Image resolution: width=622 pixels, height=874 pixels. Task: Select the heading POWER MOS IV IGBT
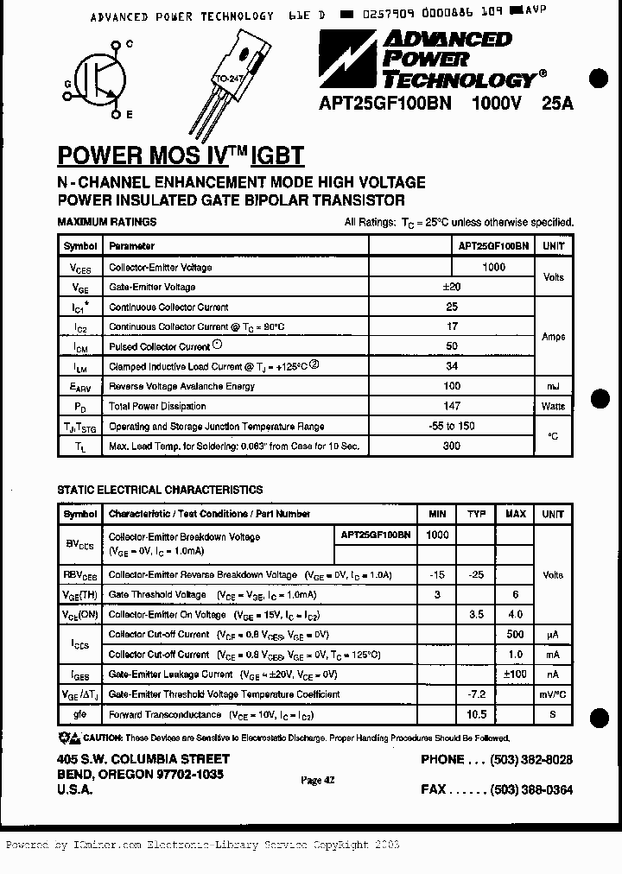pos(181,155)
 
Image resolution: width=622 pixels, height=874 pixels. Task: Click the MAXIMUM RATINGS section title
pos(106,222)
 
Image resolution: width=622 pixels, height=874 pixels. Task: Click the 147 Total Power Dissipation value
pos(451,406)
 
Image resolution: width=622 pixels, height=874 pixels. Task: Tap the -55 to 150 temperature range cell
pos(451,426)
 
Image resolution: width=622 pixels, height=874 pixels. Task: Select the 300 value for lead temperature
pos(451,446)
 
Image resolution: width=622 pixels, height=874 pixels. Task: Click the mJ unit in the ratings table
pos(553,386)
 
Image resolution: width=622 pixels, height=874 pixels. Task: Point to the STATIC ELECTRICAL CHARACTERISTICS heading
pos(160,490)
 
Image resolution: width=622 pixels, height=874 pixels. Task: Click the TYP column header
pos(476,514)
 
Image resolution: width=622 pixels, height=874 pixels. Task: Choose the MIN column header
pos(437,514)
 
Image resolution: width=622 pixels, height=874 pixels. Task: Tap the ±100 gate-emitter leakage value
pos(515,674)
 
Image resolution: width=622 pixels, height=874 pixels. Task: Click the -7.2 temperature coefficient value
pos(476,694)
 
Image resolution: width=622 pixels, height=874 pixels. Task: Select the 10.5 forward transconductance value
pos(476,714)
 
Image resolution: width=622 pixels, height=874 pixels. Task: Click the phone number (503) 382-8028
pos(531,760)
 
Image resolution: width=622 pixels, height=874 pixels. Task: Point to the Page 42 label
pos(318,780)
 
